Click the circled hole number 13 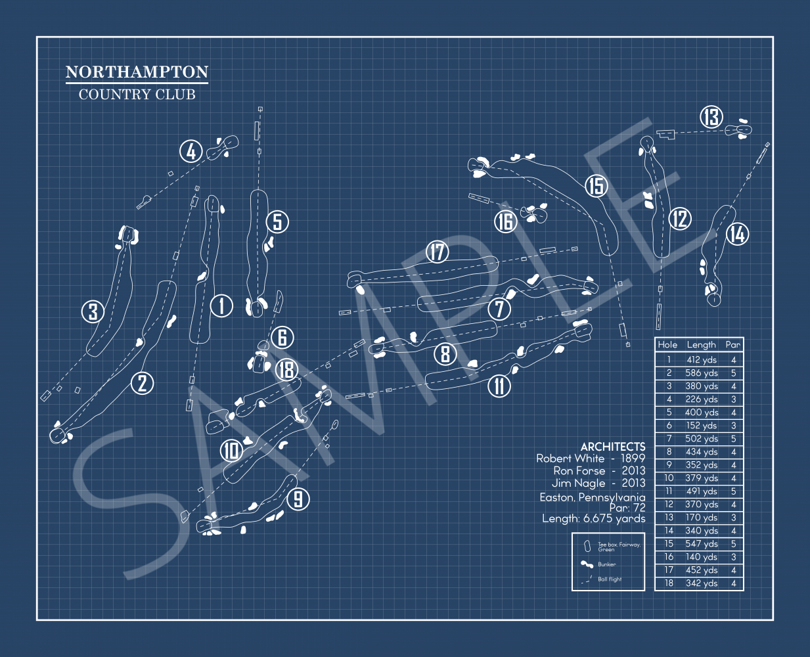(x=711, y=118)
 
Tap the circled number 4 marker (x=191, y=152)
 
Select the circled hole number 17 (x=438, y=252)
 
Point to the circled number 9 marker (x=298, y=499)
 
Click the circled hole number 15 (x=596, y=186)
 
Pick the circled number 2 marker (x=143, y=382)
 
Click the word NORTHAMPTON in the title (x=137, y=72)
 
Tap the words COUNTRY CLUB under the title (x=137, y=95)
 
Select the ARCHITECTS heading (x=612, y=446)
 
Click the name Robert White (x=570, y=459)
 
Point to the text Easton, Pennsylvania (x=592, y=497)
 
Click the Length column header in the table (x=701, y=344)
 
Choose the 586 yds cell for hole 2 (x=701, y=373)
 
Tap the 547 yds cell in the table (x=701, y=544)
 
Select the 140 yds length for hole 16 (x=701, y=557)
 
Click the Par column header (x=733, y=344)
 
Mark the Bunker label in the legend (x=606, y=564)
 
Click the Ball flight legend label (x=609, y=579)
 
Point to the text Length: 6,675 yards (x=593, y=519)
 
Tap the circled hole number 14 (x=737, y=234)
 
